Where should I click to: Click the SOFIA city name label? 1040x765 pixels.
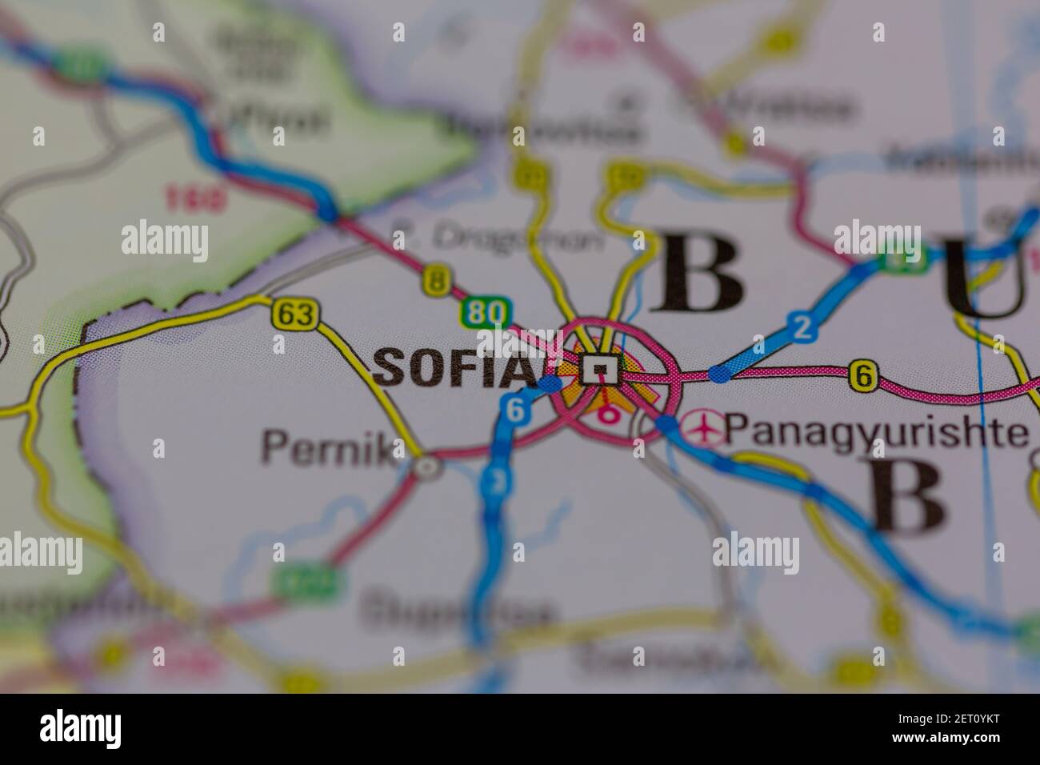(x=454, y=369)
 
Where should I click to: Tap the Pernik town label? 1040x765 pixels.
(x=328, y=447)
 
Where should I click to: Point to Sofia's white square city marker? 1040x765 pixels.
(x=601, y=370)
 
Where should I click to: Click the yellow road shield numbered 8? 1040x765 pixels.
(x=435, y=280)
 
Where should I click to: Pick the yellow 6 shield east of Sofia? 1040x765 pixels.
(x=862, y=376)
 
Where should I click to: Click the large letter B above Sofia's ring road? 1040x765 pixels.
(x=696, y=272)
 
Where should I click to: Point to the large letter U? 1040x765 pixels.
(x=985, y=276)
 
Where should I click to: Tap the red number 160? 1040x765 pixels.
(x=196, y=197)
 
